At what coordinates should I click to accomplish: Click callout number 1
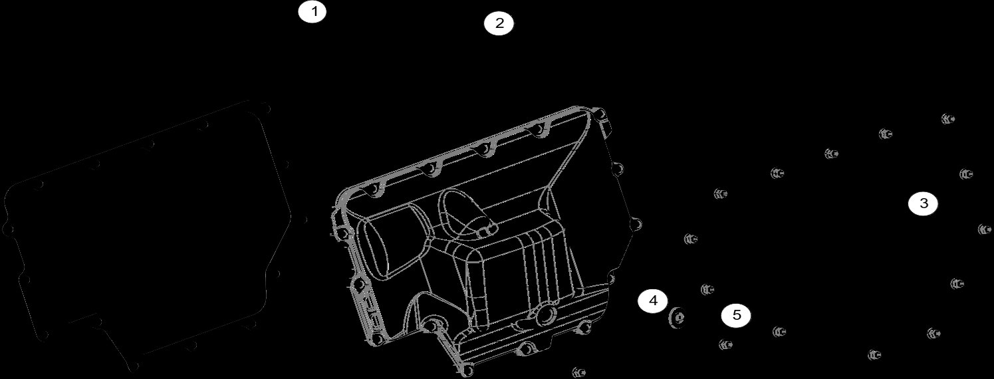point(312,12)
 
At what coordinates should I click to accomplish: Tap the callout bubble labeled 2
point(499,24)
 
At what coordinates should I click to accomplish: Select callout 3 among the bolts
point(923,204)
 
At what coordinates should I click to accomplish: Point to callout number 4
point(653,301)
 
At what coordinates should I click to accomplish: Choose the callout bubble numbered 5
point(736,315)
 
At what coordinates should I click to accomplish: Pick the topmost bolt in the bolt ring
point(947,119)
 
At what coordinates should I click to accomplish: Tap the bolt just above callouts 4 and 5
point(707,289)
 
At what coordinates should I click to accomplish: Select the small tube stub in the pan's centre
point(489,228)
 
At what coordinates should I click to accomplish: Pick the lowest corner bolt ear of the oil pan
point(469,368)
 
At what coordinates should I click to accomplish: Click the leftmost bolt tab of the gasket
point(8,229)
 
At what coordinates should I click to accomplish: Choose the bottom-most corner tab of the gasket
point(135,366)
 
